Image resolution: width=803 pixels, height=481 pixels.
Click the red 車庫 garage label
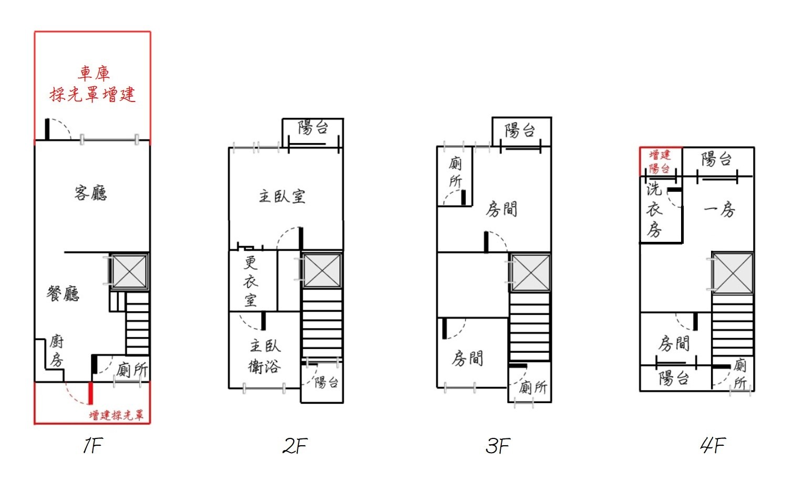pyautogui.click(x=94, y=73)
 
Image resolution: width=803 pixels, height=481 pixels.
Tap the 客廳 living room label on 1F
pyautogui.click(x=91, y=193)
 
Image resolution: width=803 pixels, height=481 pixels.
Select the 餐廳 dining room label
pyautogui.click(x=63, y=294)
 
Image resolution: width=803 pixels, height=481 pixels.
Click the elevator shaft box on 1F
pyautogui.click(x=129, y=271)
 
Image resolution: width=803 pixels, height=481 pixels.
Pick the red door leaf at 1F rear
pyautogui.click(x=91, y=393)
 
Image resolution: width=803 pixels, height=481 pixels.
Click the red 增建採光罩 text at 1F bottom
pyautogui.click(x=116, y=415)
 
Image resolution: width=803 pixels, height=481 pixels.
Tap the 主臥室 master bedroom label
pyautogui.click(x=282, y=197)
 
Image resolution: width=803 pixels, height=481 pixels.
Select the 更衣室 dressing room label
pyautogui.click(x=251, y=281)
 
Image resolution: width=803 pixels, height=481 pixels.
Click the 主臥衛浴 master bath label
pyautogui.click(x=265, y=356)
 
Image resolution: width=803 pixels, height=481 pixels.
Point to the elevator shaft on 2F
pyautogui.click(x=322, y=270)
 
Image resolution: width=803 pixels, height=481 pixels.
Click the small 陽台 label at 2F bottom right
pyautogui.click(x=326, y=383)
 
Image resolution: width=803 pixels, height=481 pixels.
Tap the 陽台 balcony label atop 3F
pyautogui.click(x=520, y=130)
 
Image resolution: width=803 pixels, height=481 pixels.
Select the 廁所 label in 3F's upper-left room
pyautogui.click(x=456, y=172)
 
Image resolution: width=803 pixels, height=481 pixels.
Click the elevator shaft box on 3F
pyautogui.click(x=531, y=273)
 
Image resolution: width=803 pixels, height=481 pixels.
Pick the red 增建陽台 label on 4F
pyautogui.click(x=660, y=161)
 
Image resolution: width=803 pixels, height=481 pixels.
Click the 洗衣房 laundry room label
pyautogui.click(x=655, y=209)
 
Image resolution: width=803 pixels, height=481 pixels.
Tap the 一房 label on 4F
pyautogui.click(x=719, y=209)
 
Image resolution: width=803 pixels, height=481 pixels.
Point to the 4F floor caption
pyautogui.click(x=713, y=445)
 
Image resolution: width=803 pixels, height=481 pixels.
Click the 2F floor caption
pyautogui.click(x=295, y=446)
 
